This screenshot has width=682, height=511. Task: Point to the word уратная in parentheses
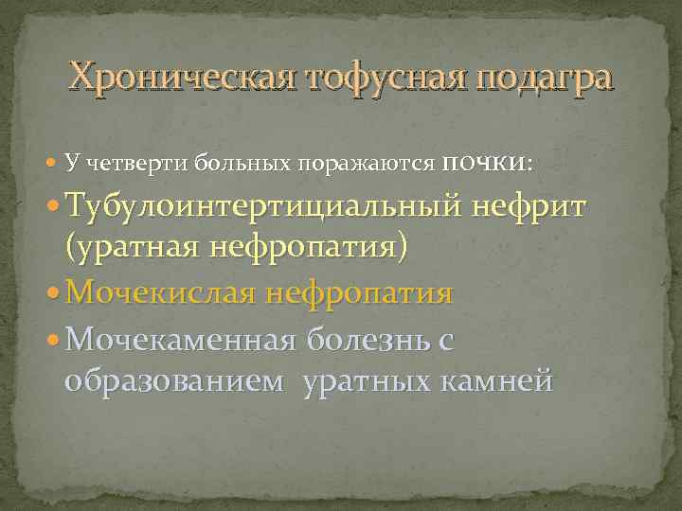[131, 251]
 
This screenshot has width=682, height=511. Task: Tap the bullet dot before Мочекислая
[55, 294]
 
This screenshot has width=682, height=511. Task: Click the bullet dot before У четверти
[54, 164]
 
